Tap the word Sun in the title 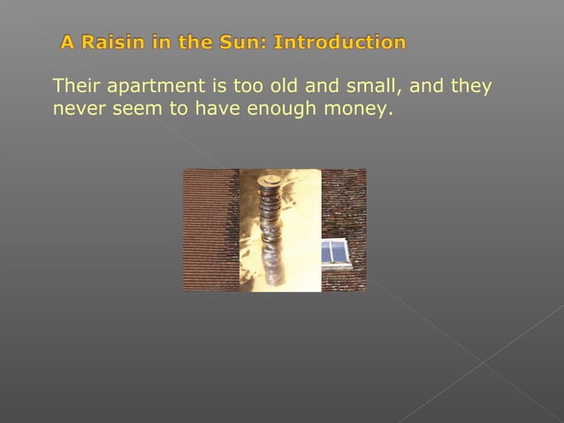248,42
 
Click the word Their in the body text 77,87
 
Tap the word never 76,110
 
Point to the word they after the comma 471,87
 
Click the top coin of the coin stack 270,181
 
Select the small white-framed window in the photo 335,253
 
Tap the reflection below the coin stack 272,265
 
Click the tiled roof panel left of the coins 210,230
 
